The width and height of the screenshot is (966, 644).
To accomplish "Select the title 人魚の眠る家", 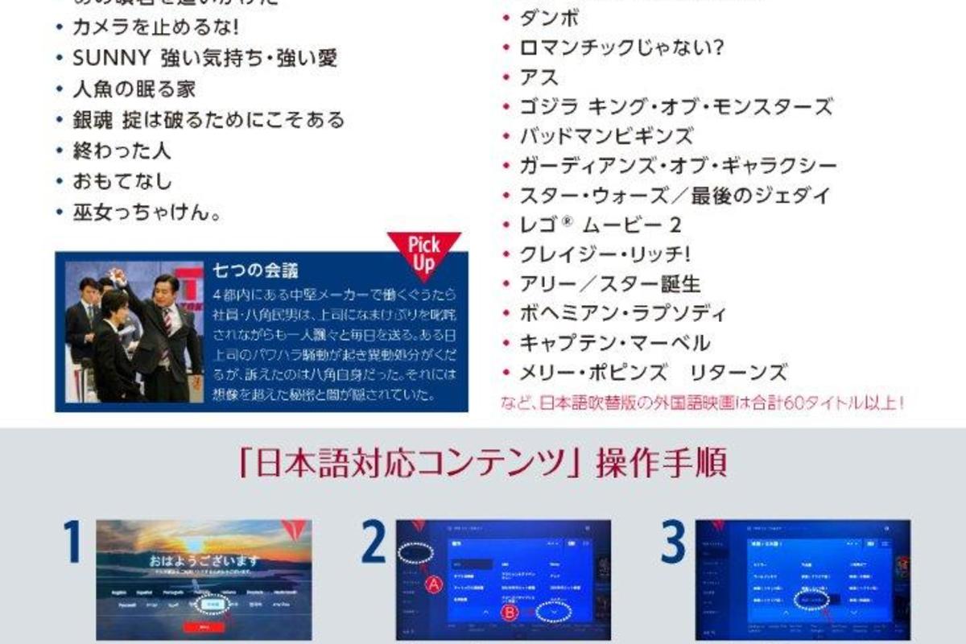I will [x=134, y=89].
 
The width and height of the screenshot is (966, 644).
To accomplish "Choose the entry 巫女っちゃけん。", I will [x=147, y=213].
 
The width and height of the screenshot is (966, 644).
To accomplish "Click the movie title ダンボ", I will [x=550, y=18].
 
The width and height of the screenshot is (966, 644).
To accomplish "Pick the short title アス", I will [x=539, y=77].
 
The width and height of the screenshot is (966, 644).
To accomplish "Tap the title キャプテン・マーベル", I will [x=615, y=343].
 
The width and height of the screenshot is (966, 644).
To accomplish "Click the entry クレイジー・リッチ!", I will [x=605, y=254].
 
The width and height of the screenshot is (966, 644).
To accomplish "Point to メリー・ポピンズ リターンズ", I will [x=653, y=373].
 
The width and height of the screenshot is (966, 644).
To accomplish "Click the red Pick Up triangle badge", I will [x=423, y=249].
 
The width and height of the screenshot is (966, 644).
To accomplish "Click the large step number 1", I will [x=73, y=542].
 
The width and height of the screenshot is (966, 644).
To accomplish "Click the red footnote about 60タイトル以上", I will [x=701, y=400].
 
